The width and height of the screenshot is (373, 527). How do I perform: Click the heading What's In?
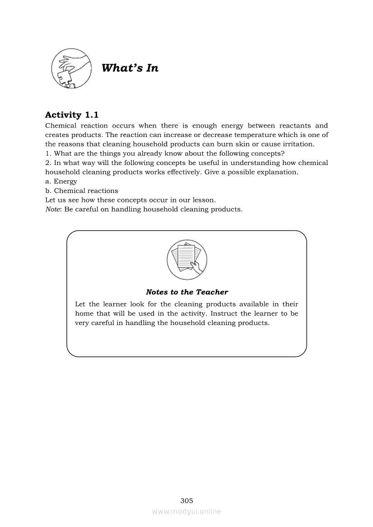coord(130,68)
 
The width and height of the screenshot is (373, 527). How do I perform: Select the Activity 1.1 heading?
coord(72,115)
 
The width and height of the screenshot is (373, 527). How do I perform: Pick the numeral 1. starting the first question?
coord(48,154)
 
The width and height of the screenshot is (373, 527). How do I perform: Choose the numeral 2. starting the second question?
coord(48,163)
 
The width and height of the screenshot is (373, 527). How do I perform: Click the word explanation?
coord(275,172)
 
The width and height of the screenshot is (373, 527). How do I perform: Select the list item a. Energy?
coord(61,181)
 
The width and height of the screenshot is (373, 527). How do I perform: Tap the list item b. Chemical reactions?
coord(82,191)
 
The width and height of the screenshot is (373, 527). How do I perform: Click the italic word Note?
coord(52,209)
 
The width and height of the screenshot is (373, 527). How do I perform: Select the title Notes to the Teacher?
coord(187,292)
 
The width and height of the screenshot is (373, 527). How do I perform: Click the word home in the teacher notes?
coord(84,314)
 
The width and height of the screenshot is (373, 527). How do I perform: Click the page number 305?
coord(186,500)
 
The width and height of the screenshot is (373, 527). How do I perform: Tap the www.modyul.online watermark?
coord(186,511)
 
